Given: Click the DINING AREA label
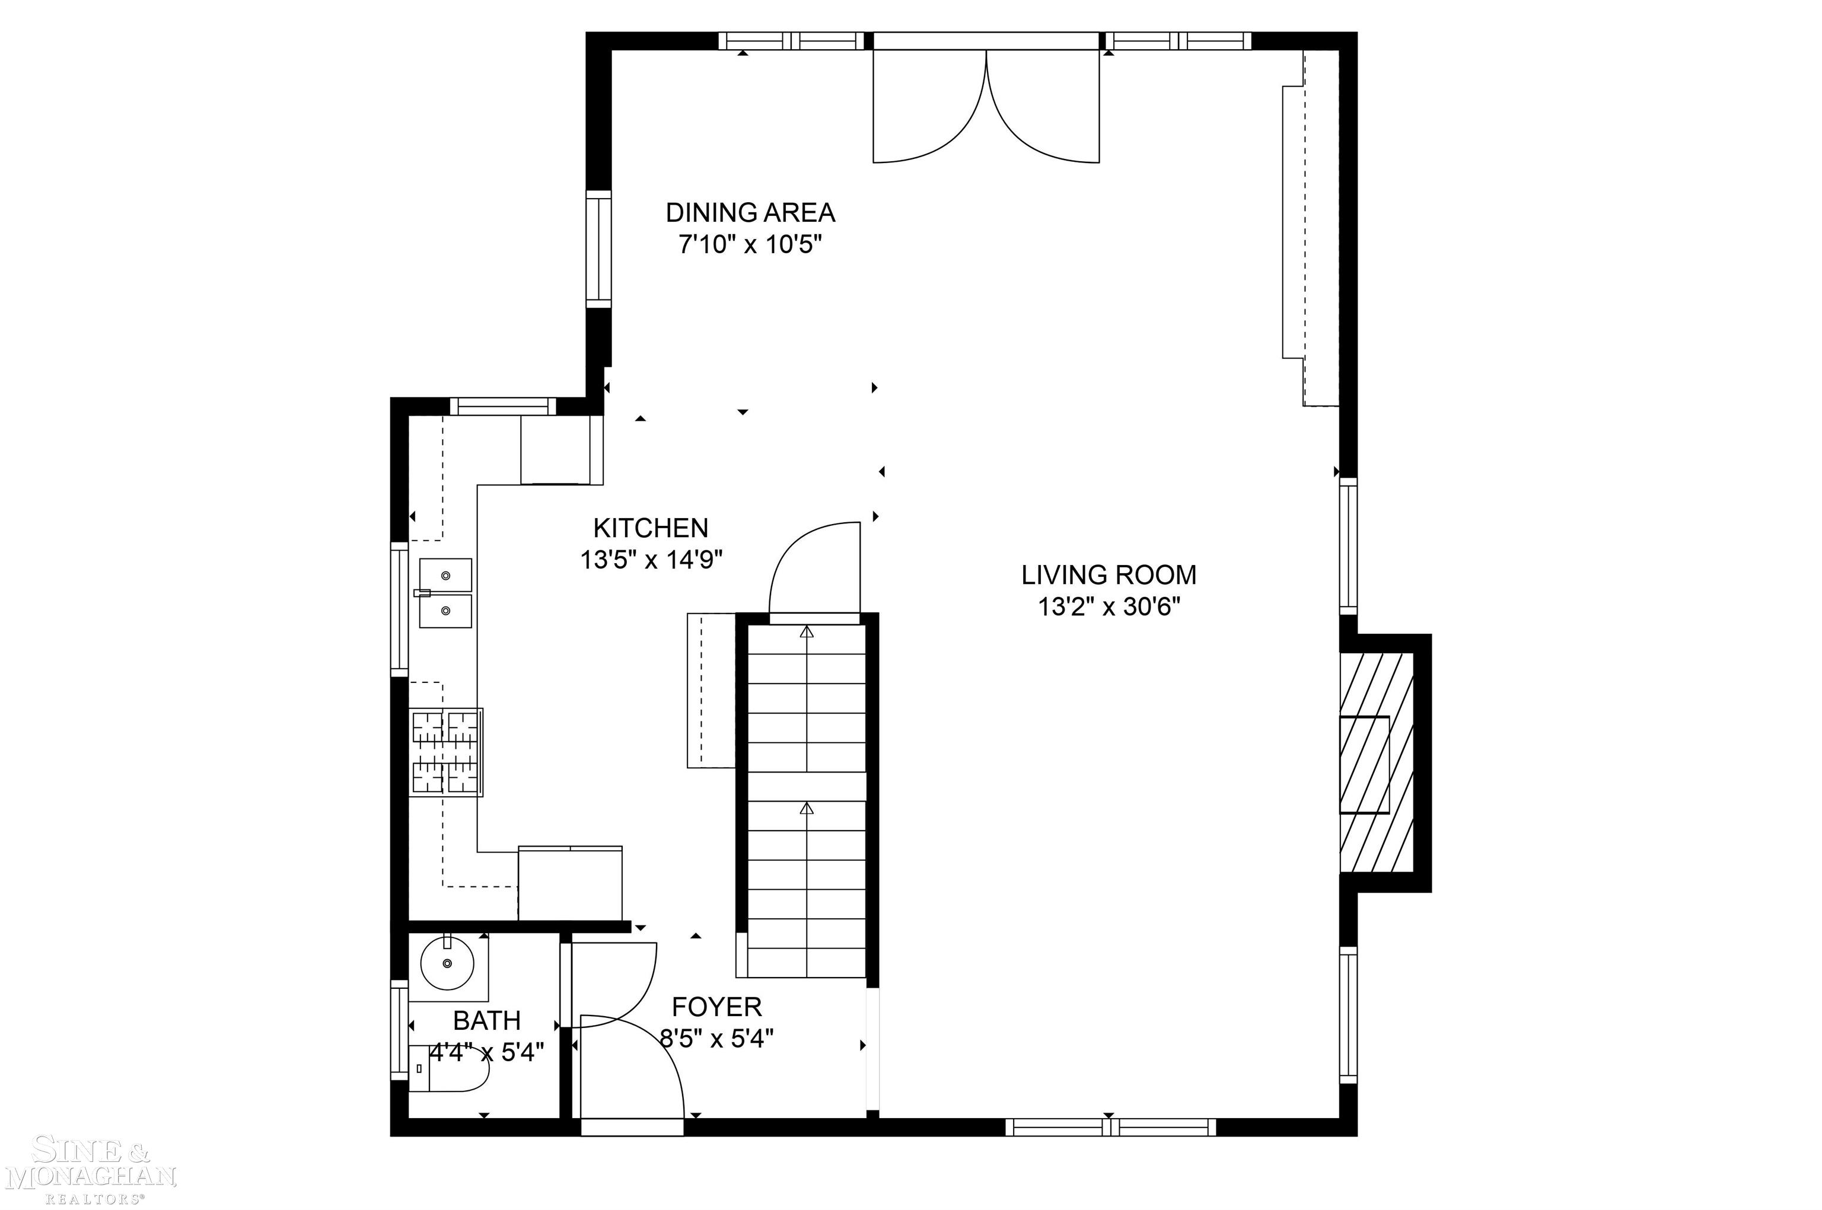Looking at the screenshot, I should pos(750,212).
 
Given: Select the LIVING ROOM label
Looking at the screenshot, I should pos(1108,575).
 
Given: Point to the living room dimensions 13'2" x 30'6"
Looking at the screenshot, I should pos(1108,607).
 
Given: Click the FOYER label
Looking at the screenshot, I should pos(716,1007).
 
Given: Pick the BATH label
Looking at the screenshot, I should pos(486,1020).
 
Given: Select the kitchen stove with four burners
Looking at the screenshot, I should pos(446,752).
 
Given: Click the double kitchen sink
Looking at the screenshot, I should pos(445,593).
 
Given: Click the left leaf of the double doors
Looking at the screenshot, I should pos(926,108).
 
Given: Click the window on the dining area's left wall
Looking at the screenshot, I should pos(598,248).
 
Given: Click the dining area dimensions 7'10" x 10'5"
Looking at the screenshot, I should pos(750,245).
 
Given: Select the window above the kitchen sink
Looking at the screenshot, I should pos(399,608).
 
